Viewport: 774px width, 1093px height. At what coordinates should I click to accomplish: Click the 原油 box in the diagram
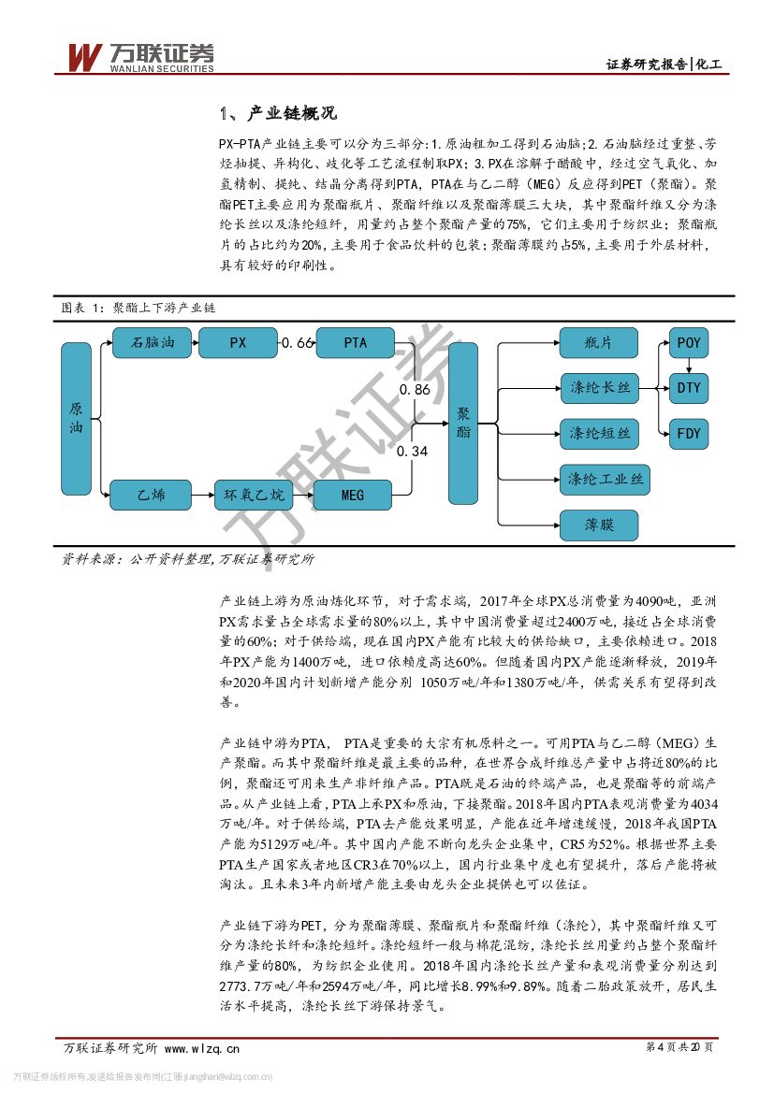pyautogui.click(x=76, y=418)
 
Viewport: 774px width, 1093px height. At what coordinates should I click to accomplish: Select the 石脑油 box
pyautogui.click(x=152, y=343)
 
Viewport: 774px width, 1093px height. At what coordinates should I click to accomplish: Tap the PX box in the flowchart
pyautogui.click(x=239, y=343)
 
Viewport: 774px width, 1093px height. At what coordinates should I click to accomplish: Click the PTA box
pyautogui.click(x=356, y=343)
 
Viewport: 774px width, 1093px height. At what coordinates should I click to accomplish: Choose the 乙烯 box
pyautogui.click(x=152, y=495)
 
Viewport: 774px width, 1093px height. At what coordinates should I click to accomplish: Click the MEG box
pyautogui.click(x=352, y=495)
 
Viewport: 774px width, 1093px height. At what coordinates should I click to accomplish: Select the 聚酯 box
pyautogui.click(x=463, y=423)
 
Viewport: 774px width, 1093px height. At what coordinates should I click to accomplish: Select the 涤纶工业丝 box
pyautogui.click(x=605, y=480)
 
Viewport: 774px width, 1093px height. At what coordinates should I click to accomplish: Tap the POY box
pyautogui.click(x=688, y=343)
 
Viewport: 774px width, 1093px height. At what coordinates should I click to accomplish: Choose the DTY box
pyautogui.click(x=688, y=387)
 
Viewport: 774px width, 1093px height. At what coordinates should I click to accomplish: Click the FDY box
pyautogui.click(x=688, y=433)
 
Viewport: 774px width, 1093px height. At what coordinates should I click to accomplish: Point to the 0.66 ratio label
pyautogui.click(x=298, y=343)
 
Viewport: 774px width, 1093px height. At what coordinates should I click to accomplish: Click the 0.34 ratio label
pyautogui.click(x=413, y=452)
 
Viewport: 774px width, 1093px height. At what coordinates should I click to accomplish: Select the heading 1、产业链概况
pyautogui.click(x=277, y=115)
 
